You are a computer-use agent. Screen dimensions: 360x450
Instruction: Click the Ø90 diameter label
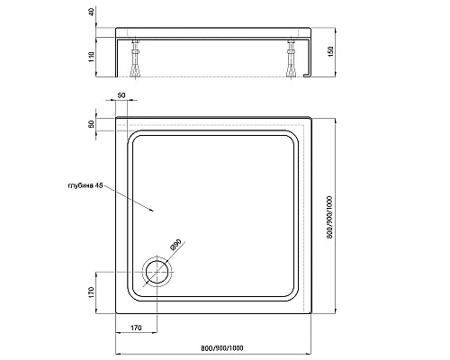(x=176, y=245)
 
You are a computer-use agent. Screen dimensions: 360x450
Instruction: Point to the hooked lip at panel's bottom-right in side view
(x=307, y=75)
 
